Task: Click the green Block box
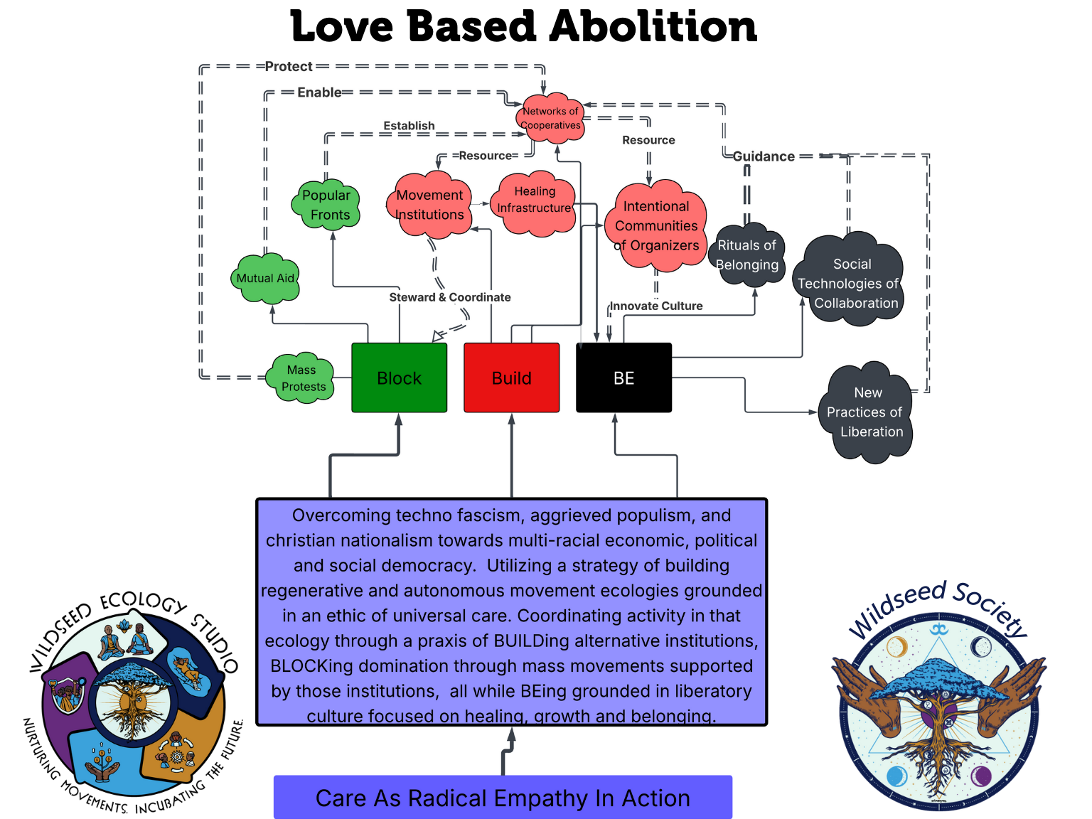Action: click(x=399, y=378)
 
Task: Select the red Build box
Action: click(x=511, y=378)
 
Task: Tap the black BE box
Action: click(x=623, y=378)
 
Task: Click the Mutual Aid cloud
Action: click(x=265, y=278)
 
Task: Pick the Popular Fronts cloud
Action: click(x=326, y=205)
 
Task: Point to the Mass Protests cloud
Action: click(x=302, y=378)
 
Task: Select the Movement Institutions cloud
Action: click(x=429, y=205)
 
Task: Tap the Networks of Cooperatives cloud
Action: click(x=550, y=118)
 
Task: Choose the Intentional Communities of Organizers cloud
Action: click(x=656, y=226)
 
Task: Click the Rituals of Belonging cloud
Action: click(x=747, y=255)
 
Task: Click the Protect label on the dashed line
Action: click(x=289, y=67)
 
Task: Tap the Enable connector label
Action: click(x=319, y=92)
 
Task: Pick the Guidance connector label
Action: click(x=764, y=156)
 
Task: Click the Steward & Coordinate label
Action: click(x=450, y=297)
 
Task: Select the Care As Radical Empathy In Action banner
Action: click(x=503, y=798)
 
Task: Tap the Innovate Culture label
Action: click(x=656, y=306)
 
